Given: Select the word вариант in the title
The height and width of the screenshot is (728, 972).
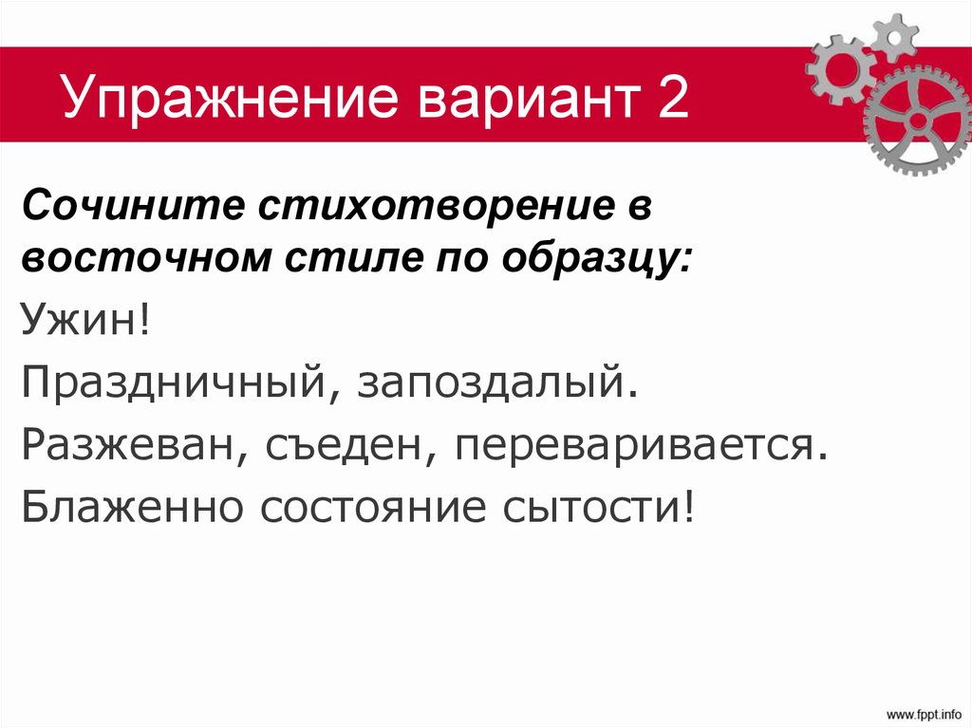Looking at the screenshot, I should (501, 100).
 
